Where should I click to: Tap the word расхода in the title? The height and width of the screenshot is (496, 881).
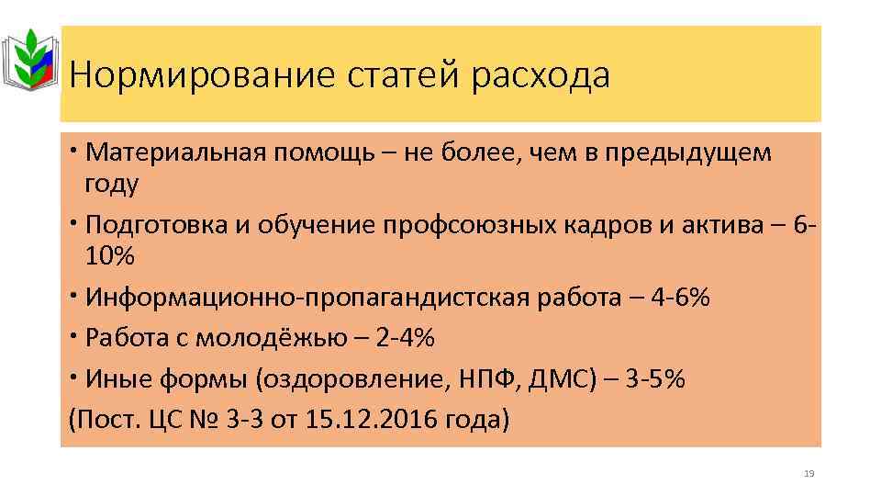[541, 75]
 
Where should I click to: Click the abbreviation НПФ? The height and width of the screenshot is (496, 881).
[485, 380]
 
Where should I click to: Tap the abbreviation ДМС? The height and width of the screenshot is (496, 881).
[558, 380]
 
